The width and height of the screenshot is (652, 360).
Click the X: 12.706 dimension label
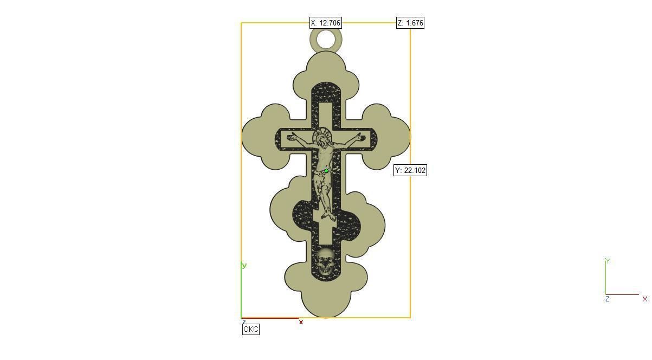click(325, 23)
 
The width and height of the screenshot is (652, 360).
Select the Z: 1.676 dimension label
click(410, 23)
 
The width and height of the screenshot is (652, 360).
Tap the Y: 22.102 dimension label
click(410, 170)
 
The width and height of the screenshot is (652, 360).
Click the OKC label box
click(251, 329)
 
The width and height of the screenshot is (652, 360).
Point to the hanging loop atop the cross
click(326, 40)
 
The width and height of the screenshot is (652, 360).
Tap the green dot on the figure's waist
click(326, 171)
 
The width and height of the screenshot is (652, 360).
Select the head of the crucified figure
click(324, 140)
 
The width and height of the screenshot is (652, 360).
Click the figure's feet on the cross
click(326, 216)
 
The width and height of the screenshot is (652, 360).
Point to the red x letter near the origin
click(301, 322)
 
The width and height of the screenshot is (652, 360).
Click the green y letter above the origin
click(244, 265)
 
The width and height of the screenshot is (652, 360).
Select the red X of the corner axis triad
click(644, 299)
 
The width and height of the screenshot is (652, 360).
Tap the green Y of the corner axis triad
click(608, 261)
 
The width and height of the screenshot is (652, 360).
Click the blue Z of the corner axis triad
click(608, 299)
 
